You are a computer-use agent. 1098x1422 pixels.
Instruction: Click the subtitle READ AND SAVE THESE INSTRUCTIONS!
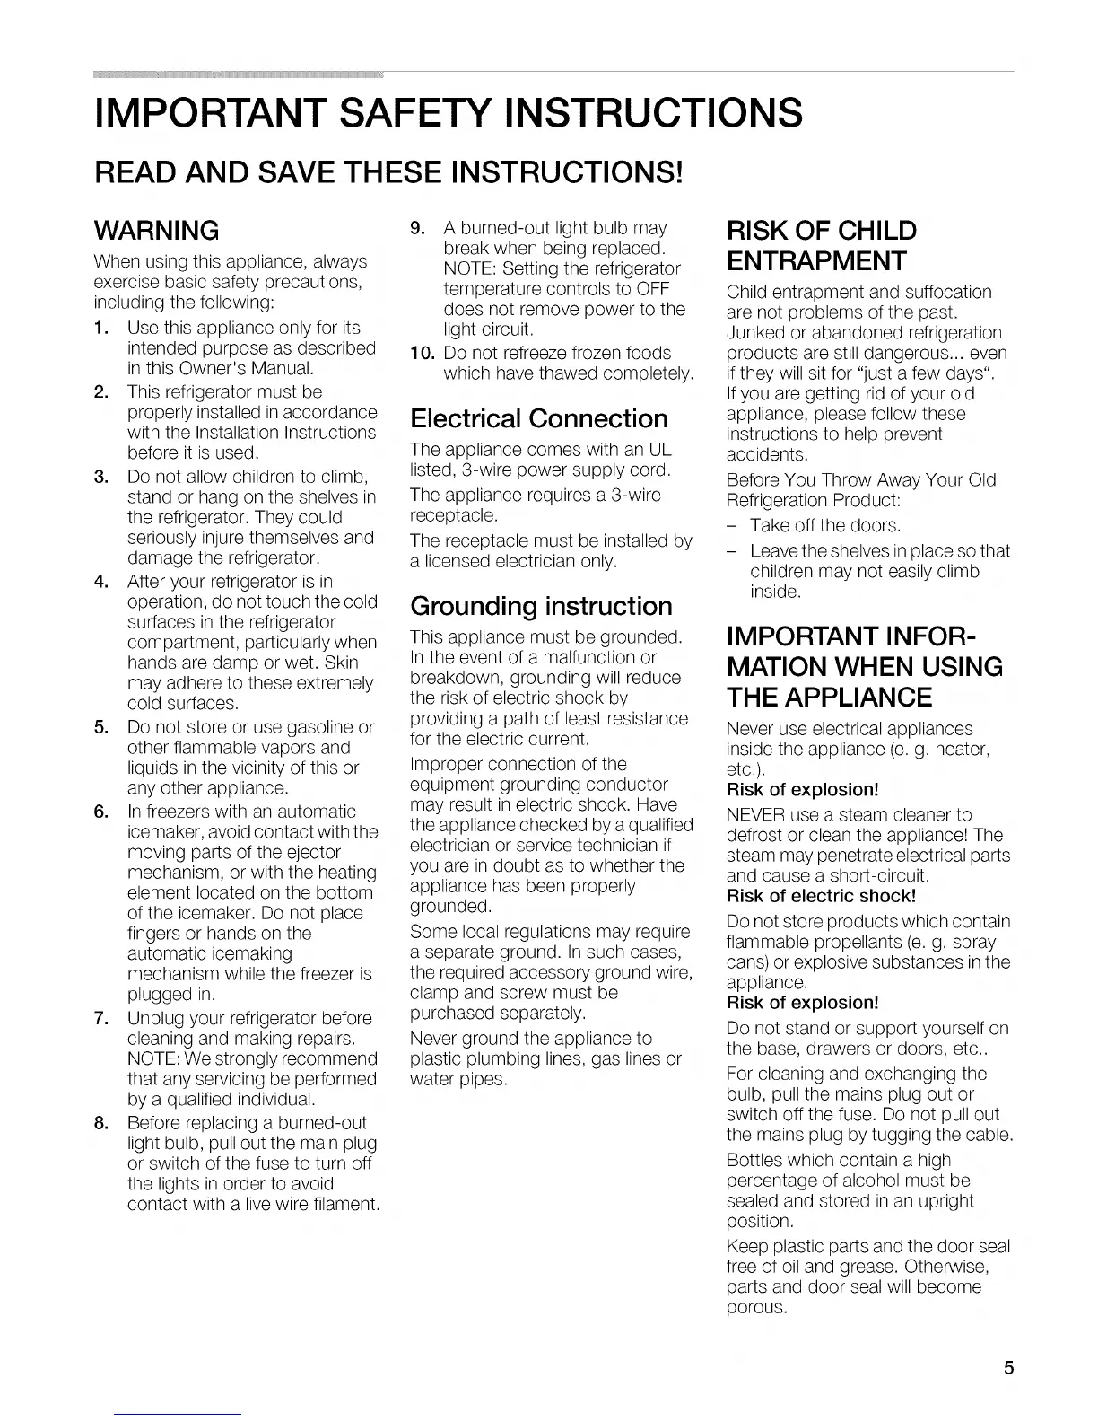[x=390, y=169]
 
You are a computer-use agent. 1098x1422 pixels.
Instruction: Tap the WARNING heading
[x=157, y=231]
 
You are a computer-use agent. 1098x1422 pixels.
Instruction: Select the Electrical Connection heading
[x=538, y=418]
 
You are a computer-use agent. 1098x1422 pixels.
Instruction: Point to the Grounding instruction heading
[x=541, y=606]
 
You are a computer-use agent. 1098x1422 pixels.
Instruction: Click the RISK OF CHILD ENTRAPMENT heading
[x=821, y=246]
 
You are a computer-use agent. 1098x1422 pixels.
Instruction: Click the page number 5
[x=1008, y=1369]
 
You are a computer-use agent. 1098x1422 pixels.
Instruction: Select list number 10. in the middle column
[x=421, y=353]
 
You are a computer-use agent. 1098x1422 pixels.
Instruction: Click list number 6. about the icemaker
[x=102, y=812]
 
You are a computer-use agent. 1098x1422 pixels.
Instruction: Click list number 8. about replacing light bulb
[x=102, y=1123]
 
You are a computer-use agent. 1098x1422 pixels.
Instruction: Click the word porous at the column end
[x=756, y=1307]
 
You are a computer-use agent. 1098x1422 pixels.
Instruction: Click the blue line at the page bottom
[x=179, y=1414]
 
